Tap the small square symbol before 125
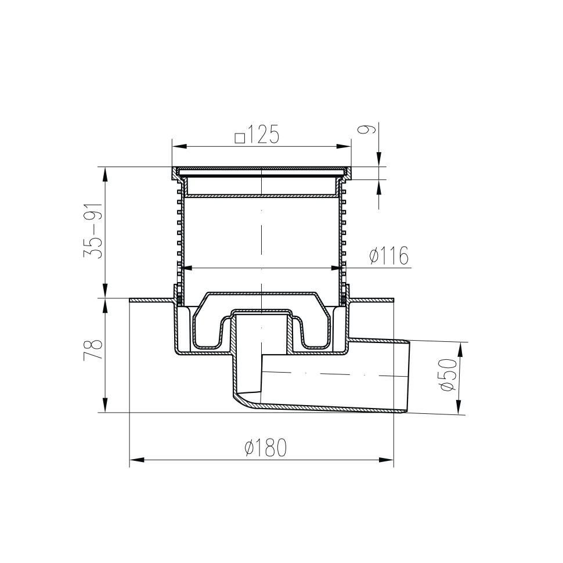[x=240, y=138]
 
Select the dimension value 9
[x=367, y=129]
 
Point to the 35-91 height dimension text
[x=93, y=231]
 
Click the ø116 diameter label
[x=389, y=255]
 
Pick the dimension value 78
[x=93, y=350]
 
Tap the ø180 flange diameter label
[x=266, y=447]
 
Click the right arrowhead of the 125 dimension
[x=344, y=146]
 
